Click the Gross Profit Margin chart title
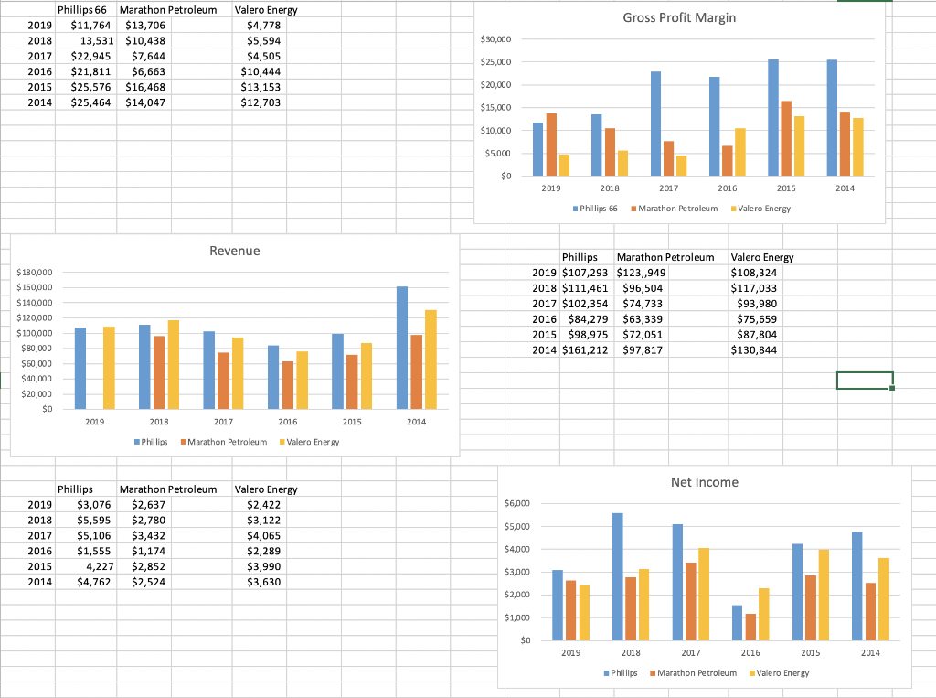pos(678,17)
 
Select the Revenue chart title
pos(235,251)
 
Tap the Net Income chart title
pos(704,482)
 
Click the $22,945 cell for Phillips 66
pos(90,56)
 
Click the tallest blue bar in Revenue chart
pos(402,347)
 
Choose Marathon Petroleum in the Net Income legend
pos(693,672)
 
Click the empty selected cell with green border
pos(864,380)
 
